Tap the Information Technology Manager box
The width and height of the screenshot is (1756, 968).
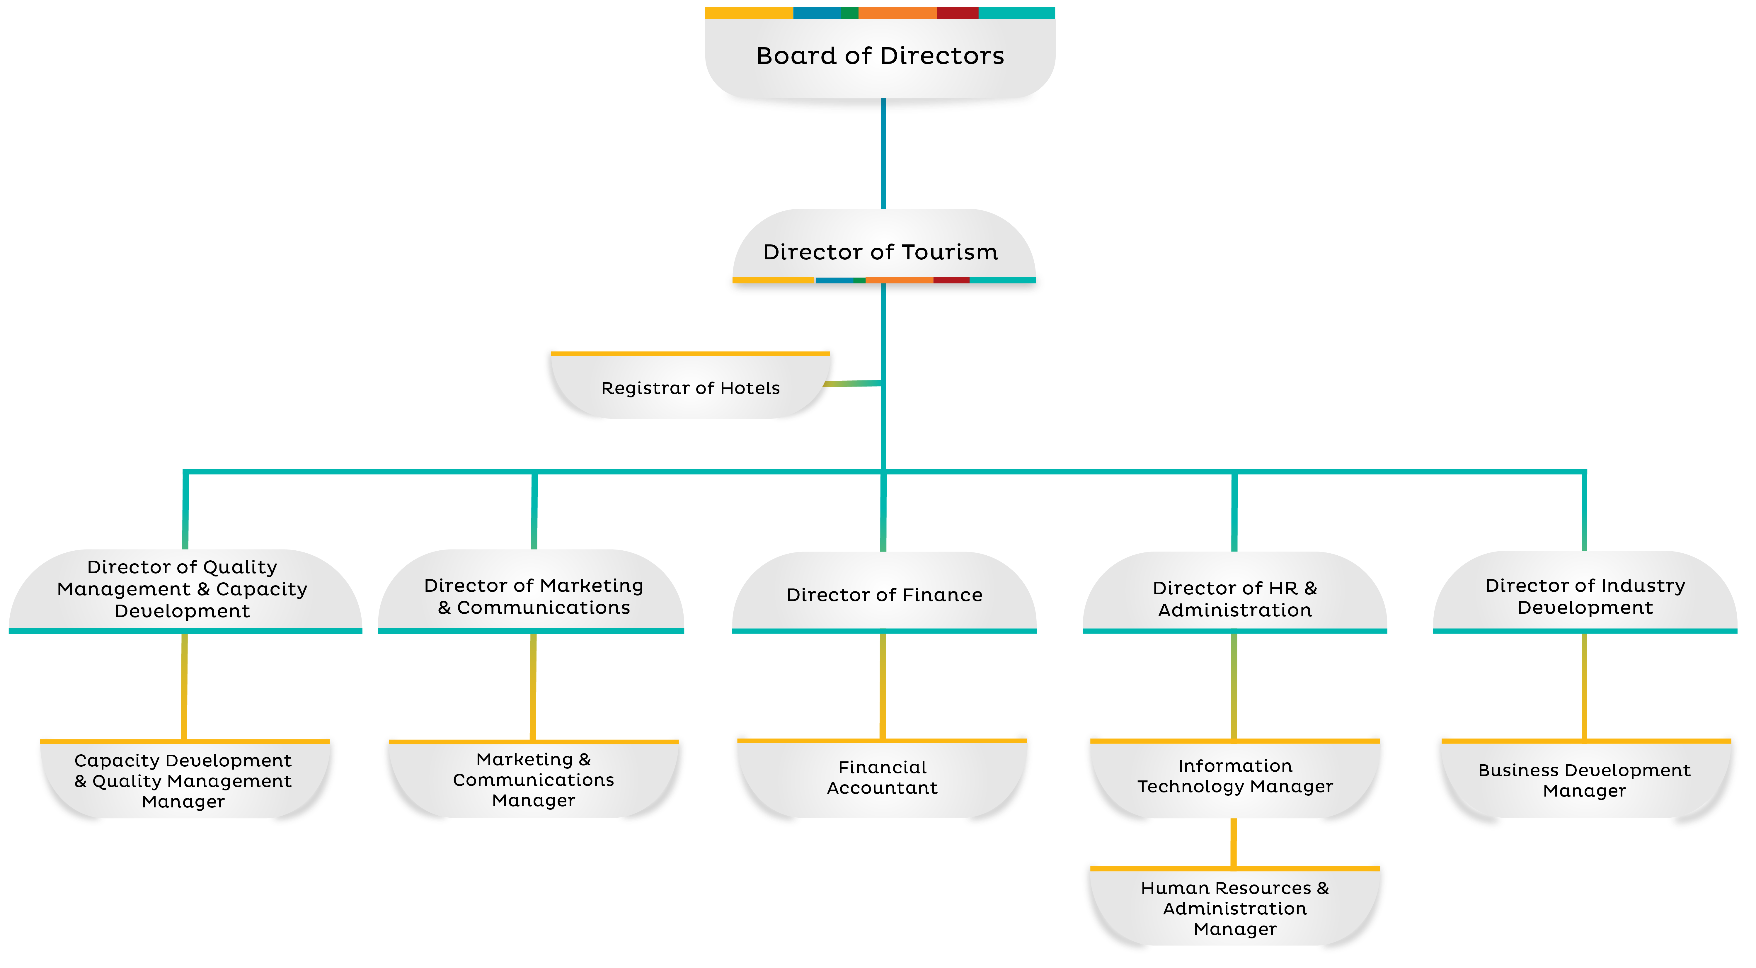1234,776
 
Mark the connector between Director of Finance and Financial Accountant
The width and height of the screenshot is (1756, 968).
883,685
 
